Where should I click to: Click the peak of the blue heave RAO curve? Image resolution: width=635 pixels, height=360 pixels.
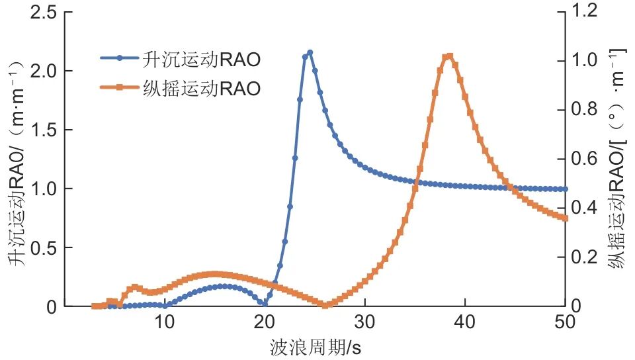point(310,52)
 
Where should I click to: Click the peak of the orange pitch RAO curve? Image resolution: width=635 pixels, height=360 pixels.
point(450,56)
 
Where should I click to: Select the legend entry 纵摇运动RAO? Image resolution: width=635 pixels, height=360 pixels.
point(180,89)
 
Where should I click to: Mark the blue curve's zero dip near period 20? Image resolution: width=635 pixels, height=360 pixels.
point(265,304)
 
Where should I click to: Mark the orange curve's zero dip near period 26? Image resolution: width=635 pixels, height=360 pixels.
point(325,304)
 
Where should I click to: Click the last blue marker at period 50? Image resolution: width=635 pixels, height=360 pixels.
point(564,189)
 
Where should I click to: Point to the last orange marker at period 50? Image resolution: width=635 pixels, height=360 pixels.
point(564,218)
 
